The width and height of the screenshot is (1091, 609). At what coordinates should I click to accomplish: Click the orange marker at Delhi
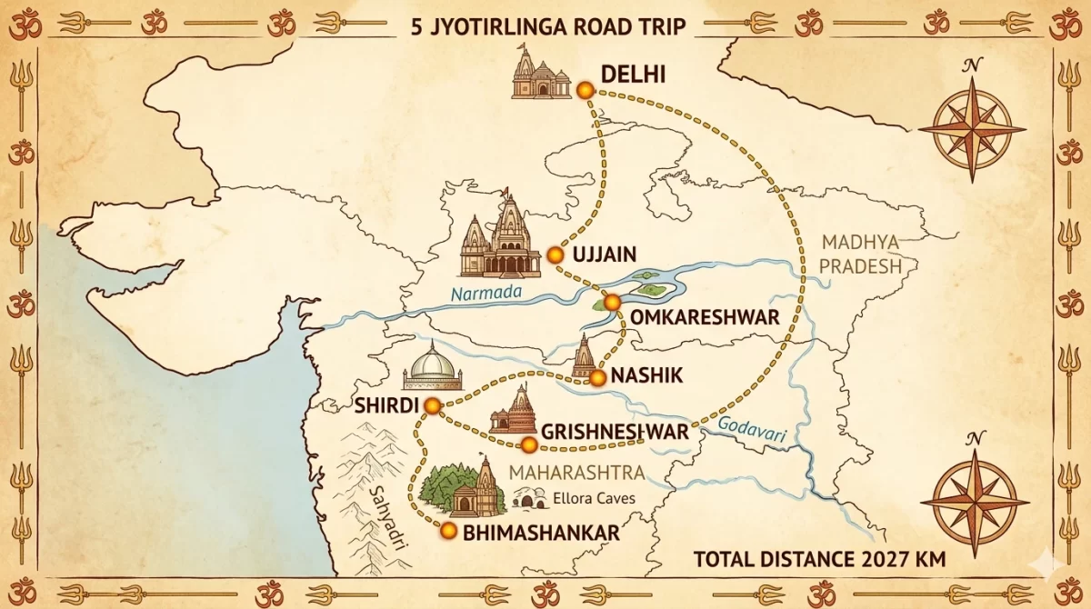point(584,89)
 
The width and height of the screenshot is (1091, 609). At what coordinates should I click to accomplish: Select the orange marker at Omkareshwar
point(612,302)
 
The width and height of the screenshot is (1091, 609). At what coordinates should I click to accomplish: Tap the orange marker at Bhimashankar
point(448,529)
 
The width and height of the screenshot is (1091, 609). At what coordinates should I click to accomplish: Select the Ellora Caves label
point(594,499)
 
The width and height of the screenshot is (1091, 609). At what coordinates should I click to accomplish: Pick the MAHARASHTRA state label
point(577,473)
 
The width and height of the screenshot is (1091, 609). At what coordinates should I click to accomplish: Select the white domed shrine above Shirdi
point(433,368)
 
